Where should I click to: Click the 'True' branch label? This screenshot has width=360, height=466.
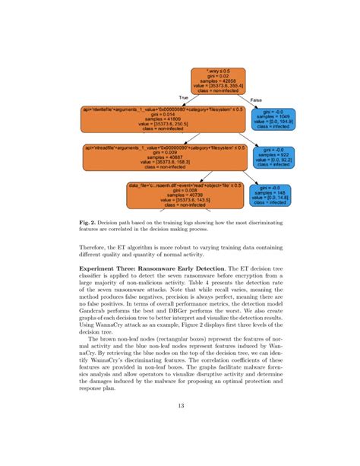182,98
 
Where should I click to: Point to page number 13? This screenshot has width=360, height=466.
179,426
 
